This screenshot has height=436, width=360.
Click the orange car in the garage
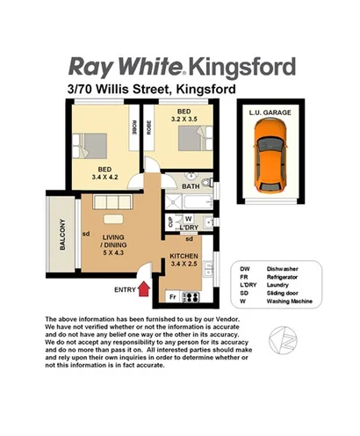pos(267,158)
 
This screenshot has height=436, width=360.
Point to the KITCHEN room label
pos(188,256)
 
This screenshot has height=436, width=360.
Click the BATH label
pos(190,185)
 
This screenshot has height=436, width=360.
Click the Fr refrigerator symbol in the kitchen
pos(172,296)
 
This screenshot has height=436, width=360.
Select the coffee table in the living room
pos(112,219)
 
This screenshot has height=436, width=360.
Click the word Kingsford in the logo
pos(239,67)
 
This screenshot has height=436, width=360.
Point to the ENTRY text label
pos(124,289)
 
